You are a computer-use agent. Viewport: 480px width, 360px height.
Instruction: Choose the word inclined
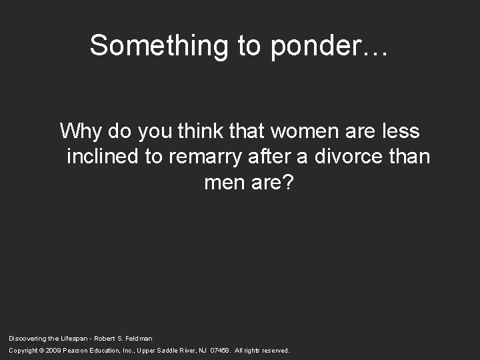point(103,157)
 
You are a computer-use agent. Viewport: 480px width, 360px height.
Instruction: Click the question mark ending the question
point(287,183)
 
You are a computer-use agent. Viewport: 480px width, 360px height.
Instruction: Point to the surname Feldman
point(139,339)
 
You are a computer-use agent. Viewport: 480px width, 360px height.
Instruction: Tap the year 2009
point(54,350)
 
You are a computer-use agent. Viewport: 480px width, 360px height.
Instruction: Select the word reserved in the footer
point(275,350)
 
